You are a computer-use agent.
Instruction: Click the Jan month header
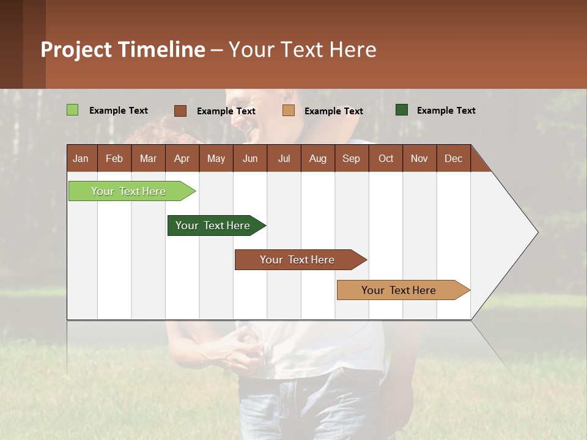tap(81, 158)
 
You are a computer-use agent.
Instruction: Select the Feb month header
tap(114, 158)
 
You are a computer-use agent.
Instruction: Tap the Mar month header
tap(148, 158)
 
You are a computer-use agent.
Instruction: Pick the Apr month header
tap(182, 158)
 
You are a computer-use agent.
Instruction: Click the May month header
tap(216, 158)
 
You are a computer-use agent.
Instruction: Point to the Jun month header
tap(250, 158)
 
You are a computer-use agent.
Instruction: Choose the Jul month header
tap(284, 158)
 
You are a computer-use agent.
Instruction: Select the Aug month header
tap(318, 158)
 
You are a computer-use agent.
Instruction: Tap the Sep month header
tap(352, 158)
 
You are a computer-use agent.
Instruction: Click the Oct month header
tap(386, 158)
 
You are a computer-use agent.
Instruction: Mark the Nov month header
tap(419, 158)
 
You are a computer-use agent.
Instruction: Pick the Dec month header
tap(454, 158)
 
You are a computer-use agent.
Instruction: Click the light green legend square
tap(72, 110)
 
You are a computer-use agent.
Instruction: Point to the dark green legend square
tap(401, 110)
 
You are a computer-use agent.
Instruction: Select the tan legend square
tap(289, 111)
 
